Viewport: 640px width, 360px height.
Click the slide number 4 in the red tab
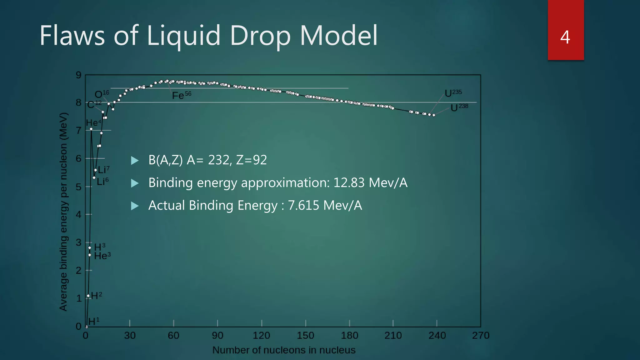pyautogui.click(x=565, y=37)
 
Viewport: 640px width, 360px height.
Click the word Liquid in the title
pyautogui.click(x=184, y=36)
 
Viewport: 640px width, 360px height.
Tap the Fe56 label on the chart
pyautogui.click(x=181, y=95)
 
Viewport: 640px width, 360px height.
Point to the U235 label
pyautogui.click(x=453, y=93)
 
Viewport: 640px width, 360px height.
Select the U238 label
pyautogui.click(x=459, y=107)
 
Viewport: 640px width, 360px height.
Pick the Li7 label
pyautogui.click(x=103, y=170)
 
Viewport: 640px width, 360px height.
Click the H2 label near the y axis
pyautogui.click(x=96, y=295)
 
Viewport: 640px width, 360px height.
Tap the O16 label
pyautogui.click(x=102, y=94)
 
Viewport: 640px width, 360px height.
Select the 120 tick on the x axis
pyautogui.click(x=261, y=336)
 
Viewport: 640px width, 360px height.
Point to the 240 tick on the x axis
pyautogui.click(x=437, y=336)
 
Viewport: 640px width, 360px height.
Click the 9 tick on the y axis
pyautogui.click(x=78, y=75)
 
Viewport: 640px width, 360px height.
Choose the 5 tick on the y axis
pyautogui.click(x=78, y=187)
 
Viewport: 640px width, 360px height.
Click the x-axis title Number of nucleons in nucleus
pyautogui.click(x=284, y=350)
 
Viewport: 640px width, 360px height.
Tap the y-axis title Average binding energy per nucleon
pyautogui.click(x=63, y=212)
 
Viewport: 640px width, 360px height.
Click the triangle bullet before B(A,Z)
pyautogui.click(x=135, y=161)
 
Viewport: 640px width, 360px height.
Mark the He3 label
pyautogui.click(x=102, y=256)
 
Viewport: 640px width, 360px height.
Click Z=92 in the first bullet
pyautogui.click(x=251, y=160)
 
